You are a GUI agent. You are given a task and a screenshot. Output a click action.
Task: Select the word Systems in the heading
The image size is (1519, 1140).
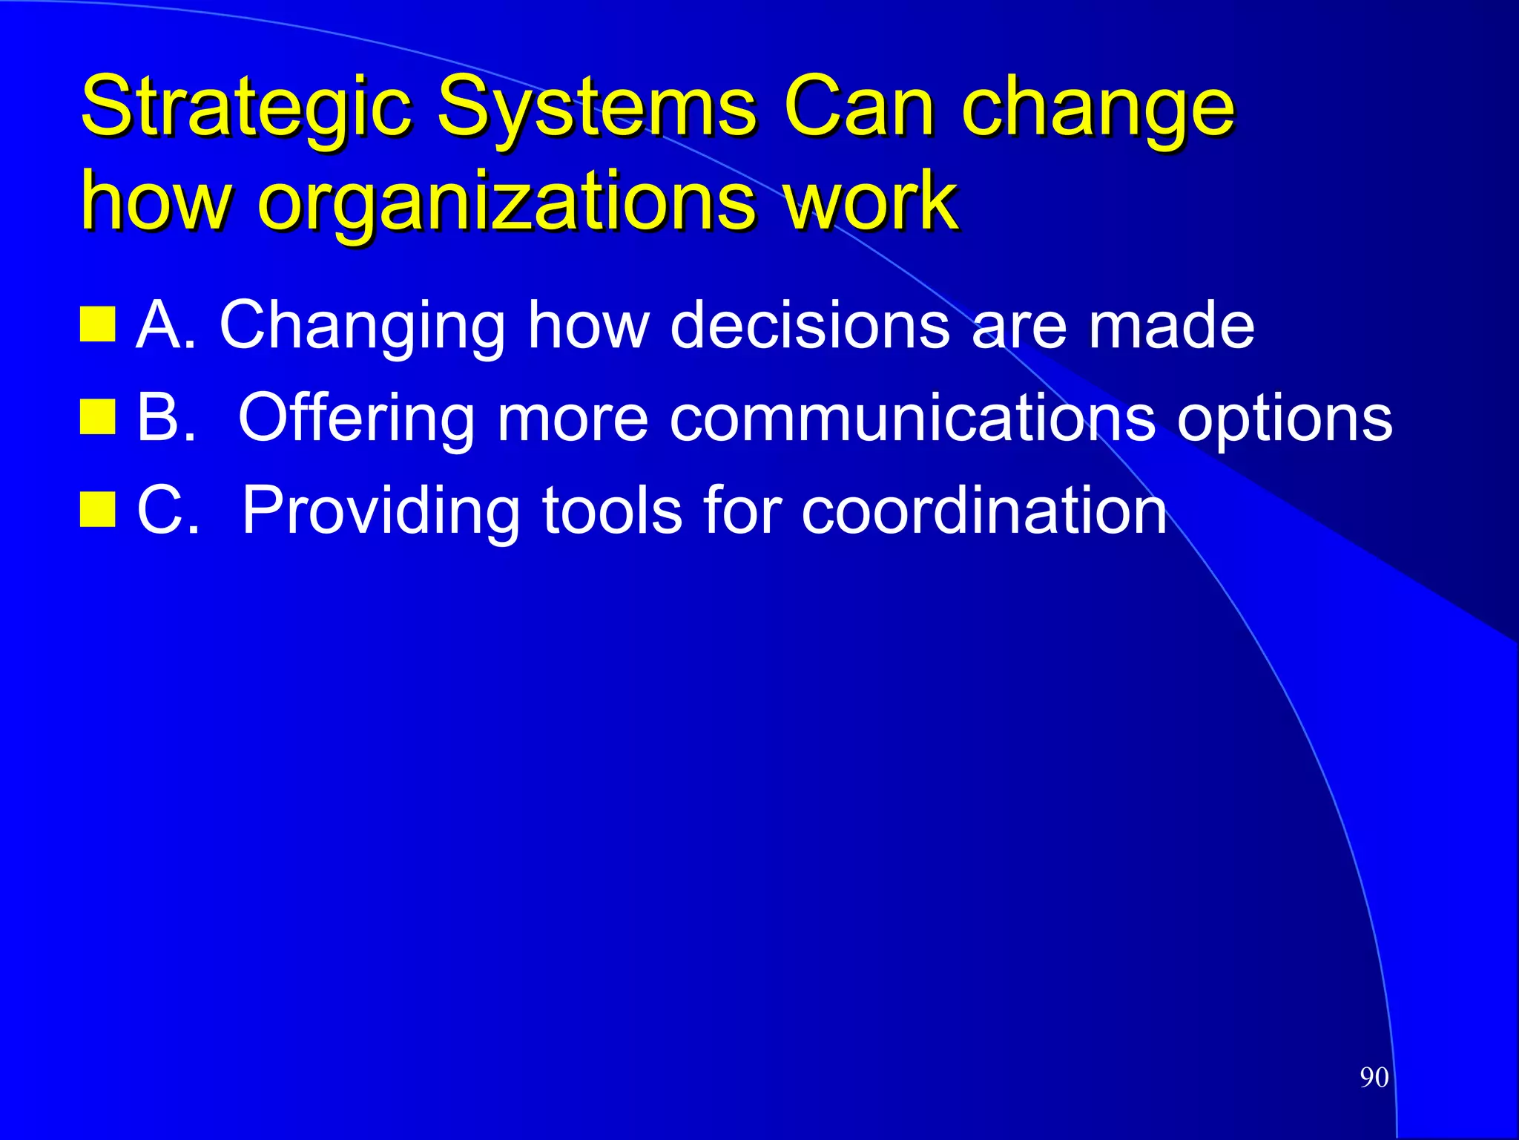coord(597,108)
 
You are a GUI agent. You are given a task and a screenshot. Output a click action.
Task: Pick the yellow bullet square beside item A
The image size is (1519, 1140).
coord(97,324)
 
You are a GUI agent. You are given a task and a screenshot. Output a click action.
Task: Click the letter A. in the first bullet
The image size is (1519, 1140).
coord(167,324)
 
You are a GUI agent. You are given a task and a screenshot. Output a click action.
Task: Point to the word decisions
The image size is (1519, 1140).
coord(809,324)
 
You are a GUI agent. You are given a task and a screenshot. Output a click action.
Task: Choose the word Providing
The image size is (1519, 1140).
coord(381,512)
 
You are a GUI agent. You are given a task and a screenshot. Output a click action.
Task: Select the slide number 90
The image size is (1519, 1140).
coord(1374,1078)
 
